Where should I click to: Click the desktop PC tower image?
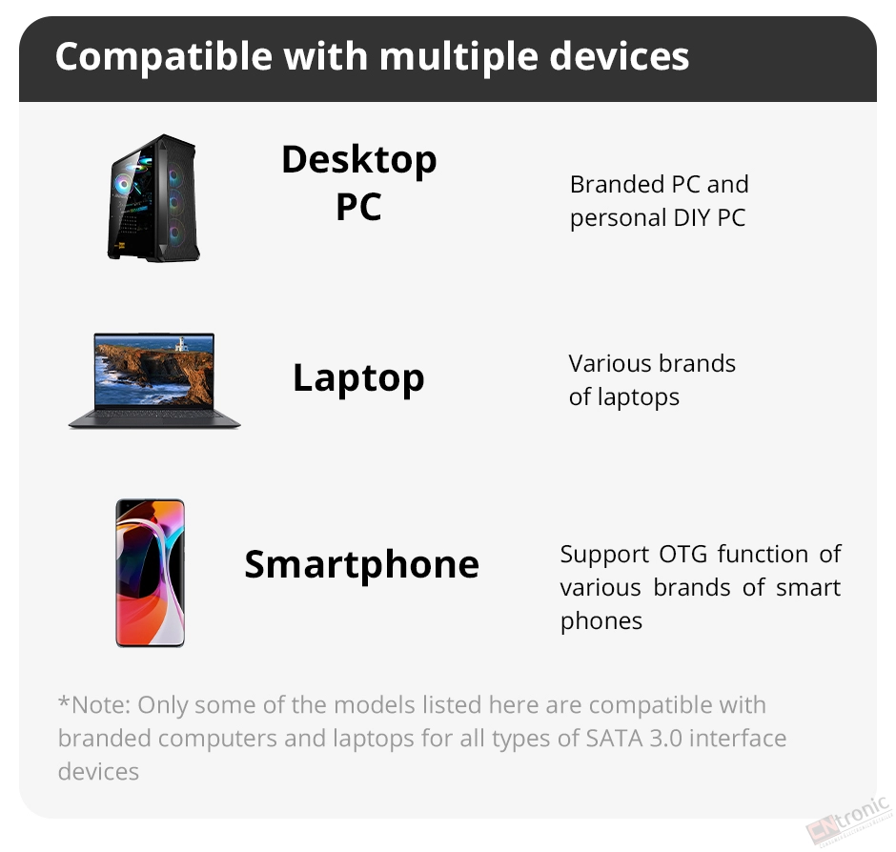[x=153, y=198]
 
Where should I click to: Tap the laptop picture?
[x=154, y=380]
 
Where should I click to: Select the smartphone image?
[x=151, y=573]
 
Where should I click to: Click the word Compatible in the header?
[x=164, y=57]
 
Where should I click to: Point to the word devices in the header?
[x=620, y=56]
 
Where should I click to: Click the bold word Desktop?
[x=358, y=160]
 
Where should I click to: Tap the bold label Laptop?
[x=358, y=378]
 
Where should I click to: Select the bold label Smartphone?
[x=361, y=564]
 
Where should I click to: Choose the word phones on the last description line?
[x=601, y=621]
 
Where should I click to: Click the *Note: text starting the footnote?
[x=93, y=705]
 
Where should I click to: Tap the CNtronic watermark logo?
[x=849, y=820]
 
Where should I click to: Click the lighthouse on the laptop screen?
[x=182, y=343]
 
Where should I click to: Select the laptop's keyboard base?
[x=154, y=418]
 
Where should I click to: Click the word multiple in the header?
[x=458, y=57]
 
